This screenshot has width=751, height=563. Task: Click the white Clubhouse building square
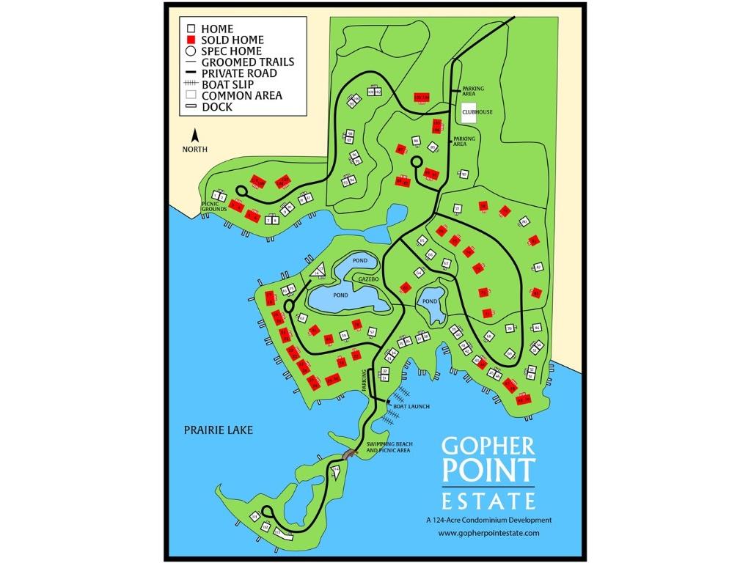(469, 114)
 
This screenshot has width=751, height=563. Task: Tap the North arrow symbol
(195, 136)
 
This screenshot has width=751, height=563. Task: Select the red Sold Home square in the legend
(190, 40)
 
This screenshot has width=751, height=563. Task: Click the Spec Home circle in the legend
(190, 51)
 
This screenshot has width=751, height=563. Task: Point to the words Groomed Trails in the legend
(247, 62)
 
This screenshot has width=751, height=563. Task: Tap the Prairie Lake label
(218, 430)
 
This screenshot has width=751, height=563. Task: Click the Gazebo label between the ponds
(368, 281)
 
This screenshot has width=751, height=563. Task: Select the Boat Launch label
(411, 406)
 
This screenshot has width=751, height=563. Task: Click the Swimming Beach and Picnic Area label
(388, 447)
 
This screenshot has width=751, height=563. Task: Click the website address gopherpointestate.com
(488, 533)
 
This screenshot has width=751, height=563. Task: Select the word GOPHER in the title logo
(488, 446)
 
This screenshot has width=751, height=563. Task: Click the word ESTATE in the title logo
(488, 501)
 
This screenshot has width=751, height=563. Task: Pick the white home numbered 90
(464, 174)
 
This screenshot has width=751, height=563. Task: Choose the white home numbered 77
(457, 209)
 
